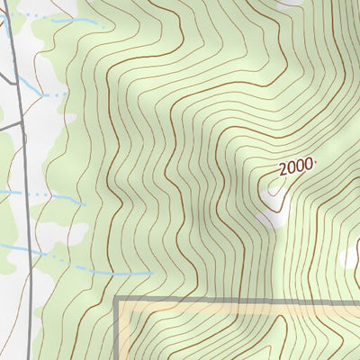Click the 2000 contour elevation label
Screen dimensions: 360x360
coord(295,166)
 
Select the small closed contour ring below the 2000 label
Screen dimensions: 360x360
coord(273,189)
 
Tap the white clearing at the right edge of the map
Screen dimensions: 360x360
coord(352,258)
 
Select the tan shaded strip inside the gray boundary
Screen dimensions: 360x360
coord(234,310)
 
